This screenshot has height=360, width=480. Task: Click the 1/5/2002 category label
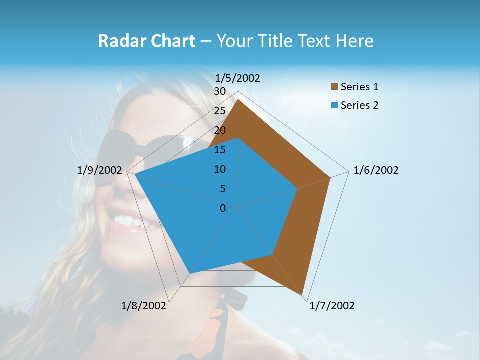[238, 78]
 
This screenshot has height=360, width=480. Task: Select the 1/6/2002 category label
[376, 170]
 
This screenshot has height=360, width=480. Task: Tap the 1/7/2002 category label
[332, 306]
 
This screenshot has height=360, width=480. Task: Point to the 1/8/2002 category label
[144, 306]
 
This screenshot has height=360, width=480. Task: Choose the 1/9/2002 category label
[100, 170]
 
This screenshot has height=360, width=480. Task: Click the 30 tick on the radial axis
[220, 91]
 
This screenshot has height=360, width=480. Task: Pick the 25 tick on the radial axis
[220, 111]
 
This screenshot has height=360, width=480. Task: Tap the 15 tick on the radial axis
[220, 150]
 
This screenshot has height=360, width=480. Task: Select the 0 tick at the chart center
[223, 208]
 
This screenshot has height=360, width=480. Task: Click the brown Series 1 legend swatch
[334, 87]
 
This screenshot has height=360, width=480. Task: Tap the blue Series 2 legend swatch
[334, 105]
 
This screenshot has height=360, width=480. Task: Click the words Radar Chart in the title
[146, 41]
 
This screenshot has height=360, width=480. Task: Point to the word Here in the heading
[354, 41]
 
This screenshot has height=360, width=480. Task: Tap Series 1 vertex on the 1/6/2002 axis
[330, 177]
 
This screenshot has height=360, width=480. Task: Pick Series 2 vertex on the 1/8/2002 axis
[189, 273]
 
